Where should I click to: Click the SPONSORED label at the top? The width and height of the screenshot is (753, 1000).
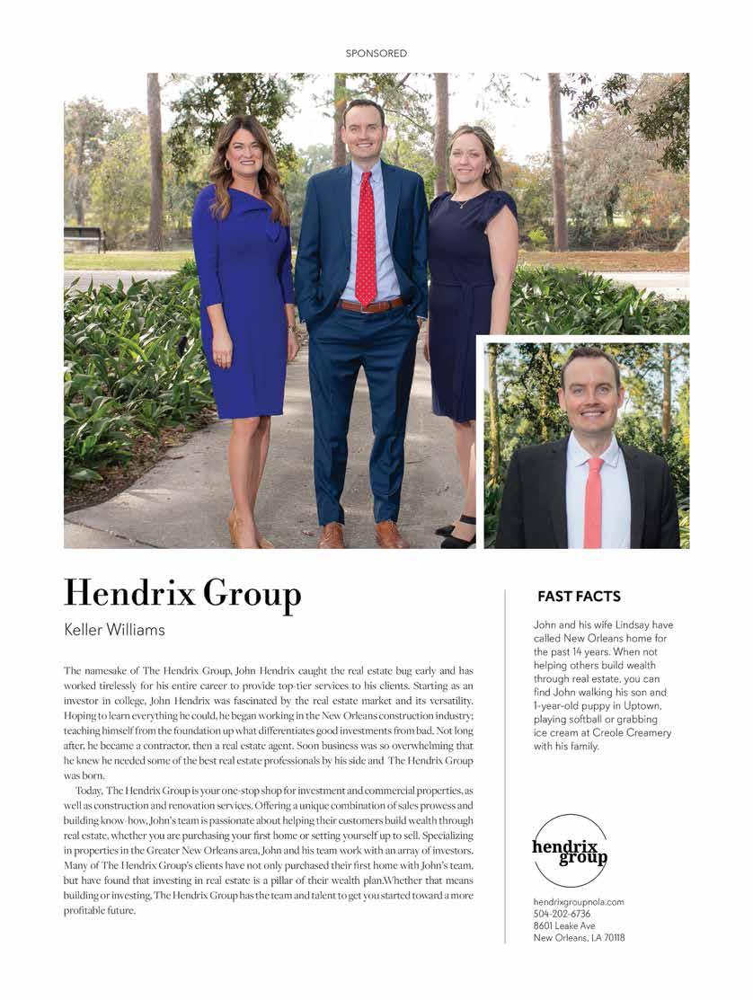pyautogui.click(x=376, y=54)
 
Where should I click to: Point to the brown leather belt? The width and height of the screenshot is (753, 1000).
pyautogui.click(x=371, y=305)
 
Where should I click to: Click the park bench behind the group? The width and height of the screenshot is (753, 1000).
pyautogui.click(x=84, y=239)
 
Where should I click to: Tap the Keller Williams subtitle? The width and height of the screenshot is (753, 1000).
pyautogui.click(x=114, y=630)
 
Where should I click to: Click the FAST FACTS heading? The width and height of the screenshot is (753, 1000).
pyautogui.click(x=579, y=597)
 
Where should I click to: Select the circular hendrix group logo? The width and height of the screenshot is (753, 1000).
pyautogui.click(x=570, y=850)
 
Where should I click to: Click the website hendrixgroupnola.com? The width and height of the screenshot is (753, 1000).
pyautogui.click(x=578, y=902)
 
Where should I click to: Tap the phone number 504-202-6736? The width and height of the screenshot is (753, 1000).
pyautogui.click(x=563, y=914)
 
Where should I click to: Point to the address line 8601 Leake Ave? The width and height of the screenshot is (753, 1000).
pyautogui.click(x=564, y=925)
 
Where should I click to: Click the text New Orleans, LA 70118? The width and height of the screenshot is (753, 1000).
pyautogui.click(x=579, y=938)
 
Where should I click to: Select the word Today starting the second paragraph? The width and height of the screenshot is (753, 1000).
pyautogui.click(x=90, y=790)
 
